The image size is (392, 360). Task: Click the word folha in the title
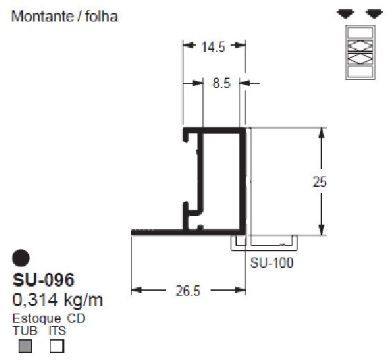pyautogui.click(x=100, y=17)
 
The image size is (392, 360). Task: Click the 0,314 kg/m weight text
pyautogui.click(x=58, y=300)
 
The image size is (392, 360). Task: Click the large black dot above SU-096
pyautogui.click(x=22, y=258)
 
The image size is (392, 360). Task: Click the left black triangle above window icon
pyautogui.click(x=344, y=14)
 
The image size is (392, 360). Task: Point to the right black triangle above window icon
pyautogui.click(x=374, y=14)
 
